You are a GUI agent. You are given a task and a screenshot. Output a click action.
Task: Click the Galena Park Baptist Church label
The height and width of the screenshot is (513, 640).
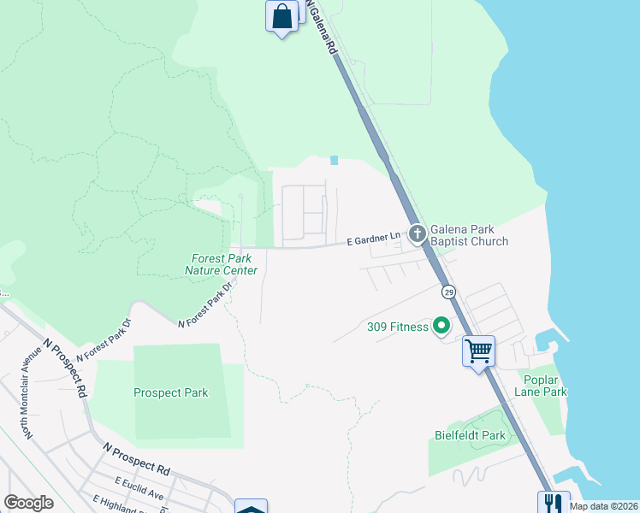469,235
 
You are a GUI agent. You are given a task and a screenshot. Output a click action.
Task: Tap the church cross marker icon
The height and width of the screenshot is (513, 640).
417,233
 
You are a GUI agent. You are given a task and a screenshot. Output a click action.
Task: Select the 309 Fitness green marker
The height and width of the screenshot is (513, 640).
441,325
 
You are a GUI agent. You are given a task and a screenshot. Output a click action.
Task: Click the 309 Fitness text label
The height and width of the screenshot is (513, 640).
397,327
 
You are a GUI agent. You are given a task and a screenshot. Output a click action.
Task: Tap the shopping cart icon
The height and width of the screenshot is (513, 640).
478,350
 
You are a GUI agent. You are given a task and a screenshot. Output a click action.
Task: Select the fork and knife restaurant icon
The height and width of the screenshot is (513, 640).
552,503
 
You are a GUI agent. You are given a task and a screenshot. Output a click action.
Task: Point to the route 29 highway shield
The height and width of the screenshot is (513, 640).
448,292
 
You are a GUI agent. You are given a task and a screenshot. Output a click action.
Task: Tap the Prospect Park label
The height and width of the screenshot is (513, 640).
170,393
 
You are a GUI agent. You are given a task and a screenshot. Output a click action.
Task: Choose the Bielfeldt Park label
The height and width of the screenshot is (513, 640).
470,435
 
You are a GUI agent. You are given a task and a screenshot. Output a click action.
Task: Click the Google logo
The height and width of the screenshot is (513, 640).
28,503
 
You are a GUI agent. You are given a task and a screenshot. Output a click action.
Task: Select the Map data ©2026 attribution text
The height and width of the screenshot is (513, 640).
604,506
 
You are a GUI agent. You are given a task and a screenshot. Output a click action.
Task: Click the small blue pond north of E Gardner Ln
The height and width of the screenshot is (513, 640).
334,160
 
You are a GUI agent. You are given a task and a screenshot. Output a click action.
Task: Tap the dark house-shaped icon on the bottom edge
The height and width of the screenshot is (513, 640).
251,507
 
